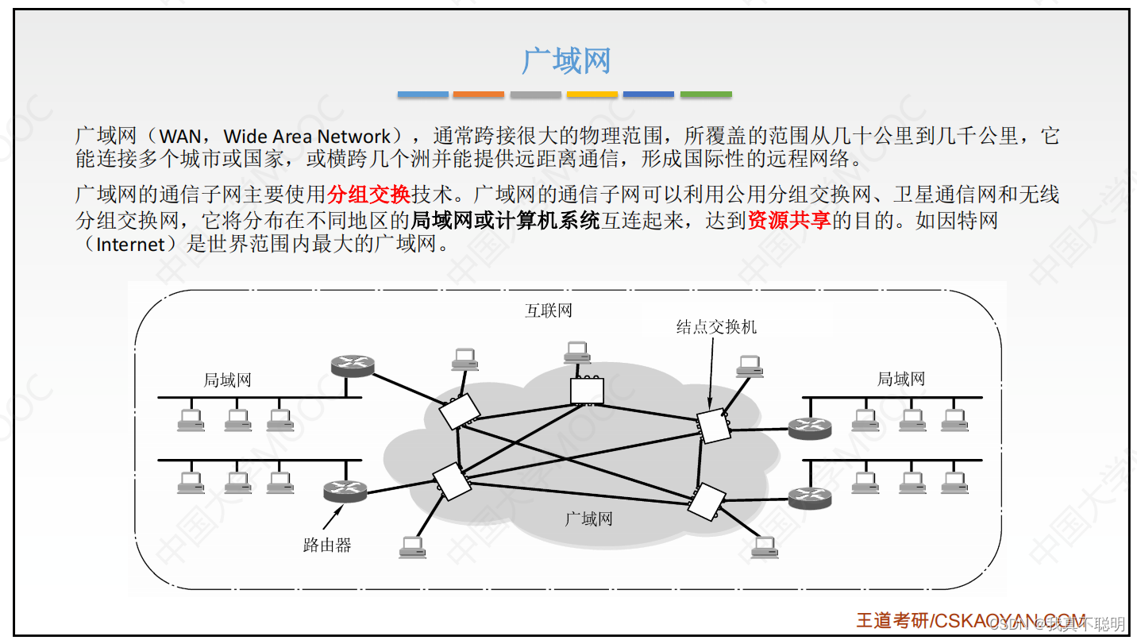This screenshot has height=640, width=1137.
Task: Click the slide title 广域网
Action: point(566,61)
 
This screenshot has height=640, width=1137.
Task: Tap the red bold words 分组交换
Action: point(368,195)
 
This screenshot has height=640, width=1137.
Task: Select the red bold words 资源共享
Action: point(788,220)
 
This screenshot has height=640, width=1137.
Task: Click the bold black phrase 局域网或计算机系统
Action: point(505,220)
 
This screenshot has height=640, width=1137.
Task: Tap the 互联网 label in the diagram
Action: point(548,310)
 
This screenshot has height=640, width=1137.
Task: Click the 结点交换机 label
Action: point(716,326)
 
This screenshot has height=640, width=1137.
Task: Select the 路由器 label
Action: point(326,546)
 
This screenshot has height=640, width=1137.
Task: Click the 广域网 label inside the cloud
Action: point(588,519)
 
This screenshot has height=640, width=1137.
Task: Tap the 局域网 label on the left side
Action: point(227,380)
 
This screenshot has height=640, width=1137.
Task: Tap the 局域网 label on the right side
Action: point(900,380)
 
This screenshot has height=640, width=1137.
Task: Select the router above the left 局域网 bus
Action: point(352,365)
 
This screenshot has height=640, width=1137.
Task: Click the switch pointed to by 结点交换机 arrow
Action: point(712,426)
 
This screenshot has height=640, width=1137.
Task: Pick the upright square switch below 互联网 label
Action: point(587,391)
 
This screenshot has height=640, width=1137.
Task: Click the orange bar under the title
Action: point(478,94)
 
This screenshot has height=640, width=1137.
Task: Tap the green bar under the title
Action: point(706,94)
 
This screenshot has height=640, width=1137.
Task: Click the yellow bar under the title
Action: point(592,94)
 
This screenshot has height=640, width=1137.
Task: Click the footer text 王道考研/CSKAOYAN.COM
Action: point(970,620)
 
